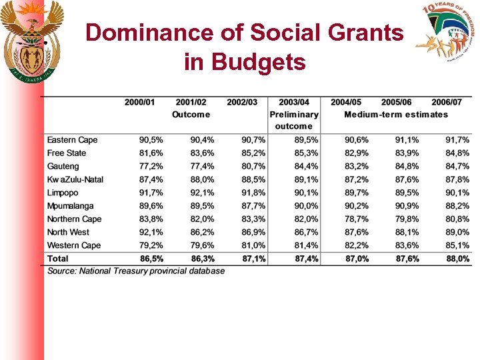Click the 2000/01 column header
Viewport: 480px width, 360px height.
click(139, 102)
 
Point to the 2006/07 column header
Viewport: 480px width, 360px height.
click(446, 102)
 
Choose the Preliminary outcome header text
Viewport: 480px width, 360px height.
click(293, 120)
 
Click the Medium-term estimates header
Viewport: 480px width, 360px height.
click(396, 114)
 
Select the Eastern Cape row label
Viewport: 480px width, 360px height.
click(72, 140)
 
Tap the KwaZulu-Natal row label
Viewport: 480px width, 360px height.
click(75, 179)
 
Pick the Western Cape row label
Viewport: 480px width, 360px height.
click(73, 245)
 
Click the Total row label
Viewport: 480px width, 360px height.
click(57, 258)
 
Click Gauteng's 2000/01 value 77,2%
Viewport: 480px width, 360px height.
click(150, 166)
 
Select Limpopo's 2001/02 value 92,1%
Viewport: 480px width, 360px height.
click(202, 193)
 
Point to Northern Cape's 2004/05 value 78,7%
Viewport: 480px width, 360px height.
click(356, 219)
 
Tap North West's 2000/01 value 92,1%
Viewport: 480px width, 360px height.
click(150, 232)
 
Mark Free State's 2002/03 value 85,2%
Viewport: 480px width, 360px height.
click(253, 153)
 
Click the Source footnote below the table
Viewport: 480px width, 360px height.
click(136, 271)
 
